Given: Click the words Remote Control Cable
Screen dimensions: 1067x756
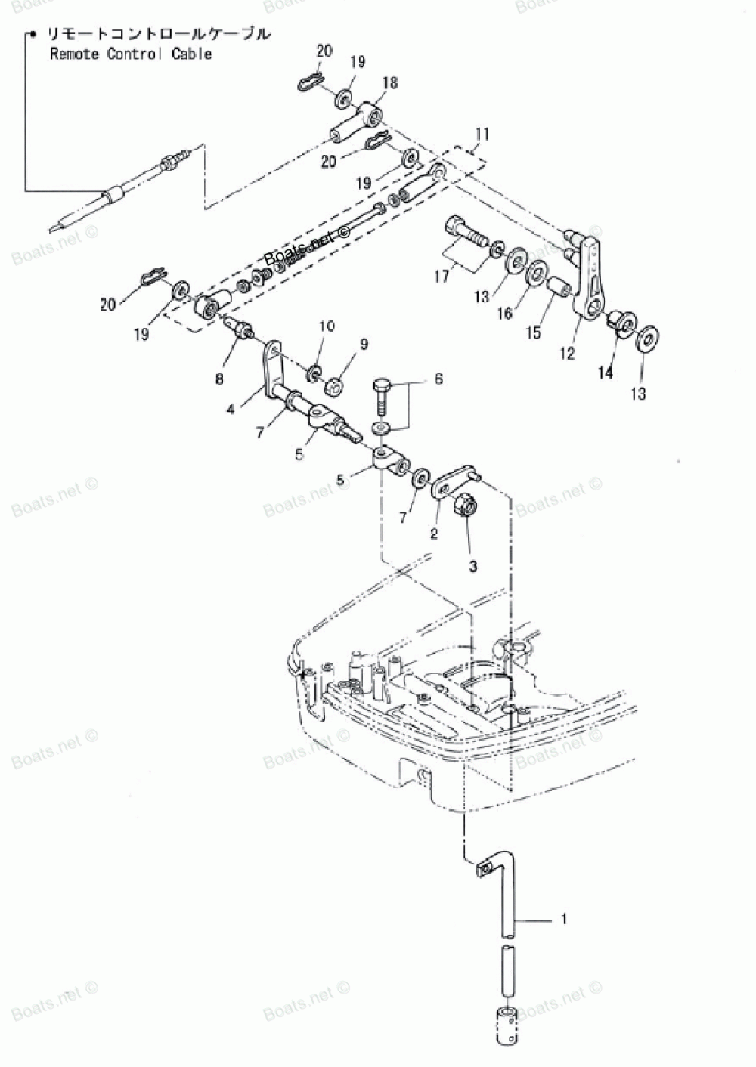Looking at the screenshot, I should click(131, 54).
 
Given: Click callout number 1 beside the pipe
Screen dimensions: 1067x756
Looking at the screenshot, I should click(564, 919).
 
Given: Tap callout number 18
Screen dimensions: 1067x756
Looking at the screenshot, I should click(391, 83).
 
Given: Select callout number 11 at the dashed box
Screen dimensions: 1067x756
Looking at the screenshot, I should click(482, 135).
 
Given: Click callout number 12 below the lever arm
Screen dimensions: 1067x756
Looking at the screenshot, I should click(568, 353).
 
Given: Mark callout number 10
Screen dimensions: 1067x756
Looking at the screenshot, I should click(326, 326).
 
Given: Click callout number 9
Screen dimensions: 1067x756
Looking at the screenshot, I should click(364, 345).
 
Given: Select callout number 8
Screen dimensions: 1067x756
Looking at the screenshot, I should click(219, 379).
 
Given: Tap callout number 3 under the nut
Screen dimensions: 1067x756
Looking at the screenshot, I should click(472, 565).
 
